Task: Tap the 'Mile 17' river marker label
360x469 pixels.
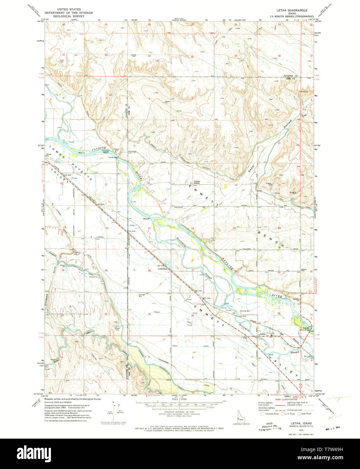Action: tap(81, 153)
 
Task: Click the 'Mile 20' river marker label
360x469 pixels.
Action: tap(146, 219)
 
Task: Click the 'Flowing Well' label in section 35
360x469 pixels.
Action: tap(245, 311)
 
